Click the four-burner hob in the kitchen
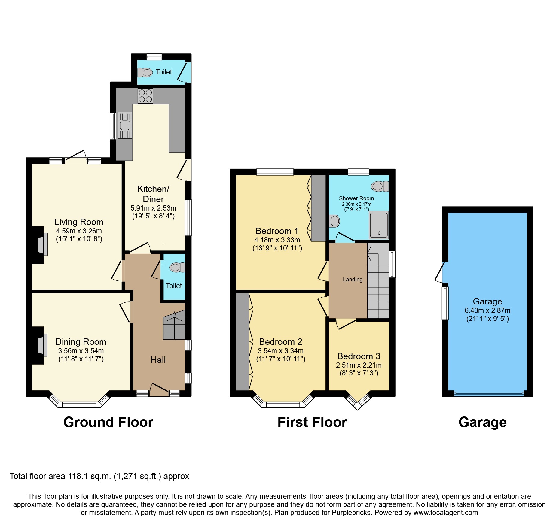(145, 96)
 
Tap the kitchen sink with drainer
(125, 125)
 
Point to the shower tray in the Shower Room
(379, 225)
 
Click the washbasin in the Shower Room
(334, 221)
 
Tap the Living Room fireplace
(42, 244)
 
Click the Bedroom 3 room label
(359, 356)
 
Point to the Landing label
(353, 280)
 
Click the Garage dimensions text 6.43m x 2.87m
(487, 310)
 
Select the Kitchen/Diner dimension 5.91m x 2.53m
(153, 208)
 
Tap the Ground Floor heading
(108, 422)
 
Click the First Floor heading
(312, 422)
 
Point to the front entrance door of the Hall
(159, 389)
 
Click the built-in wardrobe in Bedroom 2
(242, 342)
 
